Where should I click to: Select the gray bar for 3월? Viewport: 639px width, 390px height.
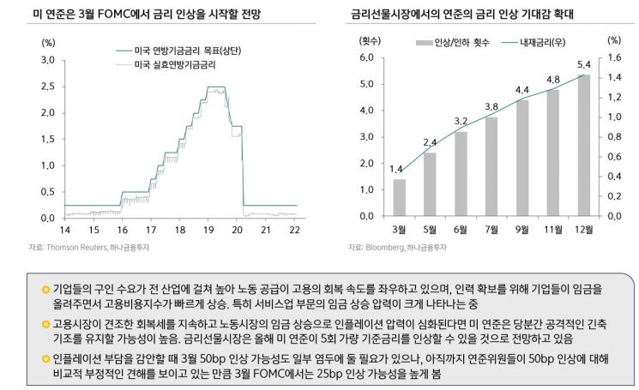pos(399,197)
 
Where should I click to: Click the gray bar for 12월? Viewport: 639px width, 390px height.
pos(583,146)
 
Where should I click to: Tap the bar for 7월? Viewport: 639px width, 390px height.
pos(491,166)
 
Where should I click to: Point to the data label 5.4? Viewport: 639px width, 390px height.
pos(583,65)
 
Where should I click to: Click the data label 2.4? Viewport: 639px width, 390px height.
pos(430,142)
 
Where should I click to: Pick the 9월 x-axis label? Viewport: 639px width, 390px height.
pos(522,230)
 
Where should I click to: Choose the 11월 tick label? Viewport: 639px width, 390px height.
pos(553,230)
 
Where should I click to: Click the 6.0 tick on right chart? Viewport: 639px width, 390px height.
pos(366,57)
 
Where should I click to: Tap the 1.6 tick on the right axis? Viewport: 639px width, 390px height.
pos(614,57)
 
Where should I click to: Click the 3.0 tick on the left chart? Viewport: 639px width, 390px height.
pos(48,60)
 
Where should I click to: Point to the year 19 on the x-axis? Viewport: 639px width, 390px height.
pos(208,230)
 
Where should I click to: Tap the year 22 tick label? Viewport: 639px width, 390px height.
pos(295,230)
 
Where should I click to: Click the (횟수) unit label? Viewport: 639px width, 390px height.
pos(370,40)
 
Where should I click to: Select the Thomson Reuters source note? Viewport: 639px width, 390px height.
pos(89,248)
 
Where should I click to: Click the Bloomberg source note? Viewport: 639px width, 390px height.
pos(397,248)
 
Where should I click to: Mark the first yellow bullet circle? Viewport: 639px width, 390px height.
pos(45,290)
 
